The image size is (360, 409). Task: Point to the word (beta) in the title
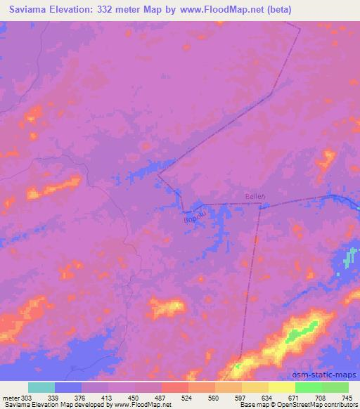coord(275,10)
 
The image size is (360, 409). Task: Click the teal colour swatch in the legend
coord(41,387)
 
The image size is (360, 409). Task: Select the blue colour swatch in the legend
coord(68,387)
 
